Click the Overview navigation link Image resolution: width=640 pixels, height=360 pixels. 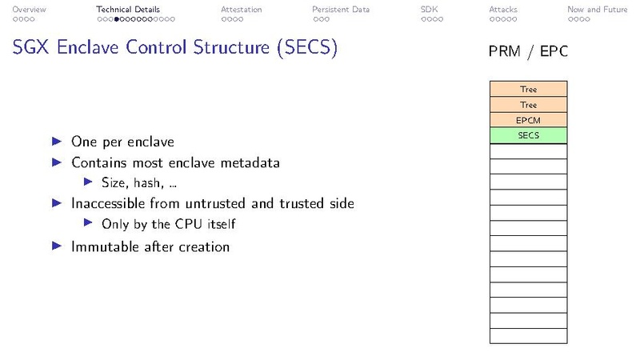tap(29, 10)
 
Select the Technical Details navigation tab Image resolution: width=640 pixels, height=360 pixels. tap(128, 10)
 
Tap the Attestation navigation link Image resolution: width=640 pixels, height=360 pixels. tap(241, 10)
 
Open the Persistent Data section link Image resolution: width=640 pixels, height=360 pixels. tap(341, 10)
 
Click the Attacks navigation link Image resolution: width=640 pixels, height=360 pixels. tap(503, 10)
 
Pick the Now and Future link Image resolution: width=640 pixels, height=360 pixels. tap(597, 10)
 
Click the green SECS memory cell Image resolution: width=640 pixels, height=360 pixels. tap(528, 136)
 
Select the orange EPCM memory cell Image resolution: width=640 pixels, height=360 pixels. tap(528, 121)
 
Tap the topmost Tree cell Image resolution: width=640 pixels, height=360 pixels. tap(528, 90)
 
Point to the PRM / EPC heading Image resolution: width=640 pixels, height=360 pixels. tap(528, 52)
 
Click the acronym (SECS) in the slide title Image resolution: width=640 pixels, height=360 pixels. tap(306, 48)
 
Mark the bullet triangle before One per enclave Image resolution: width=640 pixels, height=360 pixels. tap(56, 141)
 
